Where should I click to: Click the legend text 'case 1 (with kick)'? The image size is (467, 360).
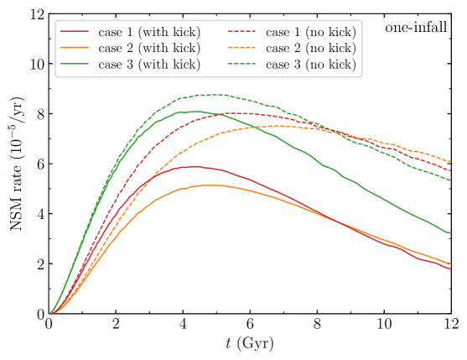tap(149, 32)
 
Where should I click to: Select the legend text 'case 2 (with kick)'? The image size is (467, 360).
tap(149, 48)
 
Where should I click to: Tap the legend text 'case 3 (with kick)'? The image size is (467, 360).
tap(149, 65)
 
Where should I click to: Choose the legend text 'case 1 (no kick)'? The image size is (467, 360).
tap(310, 32)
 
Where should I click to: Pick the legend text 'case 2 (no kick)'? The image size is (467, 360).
tap(310, 48)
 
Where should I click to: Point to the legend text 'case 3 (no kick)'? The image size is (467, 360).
tap(310, 65)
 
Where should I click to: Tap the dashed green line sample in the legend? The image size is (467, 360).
tap(241, 65)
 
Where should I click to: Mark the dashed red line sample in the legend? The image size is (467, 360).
tap(241, 32)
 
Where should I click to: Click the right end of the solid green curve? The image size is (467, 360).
tap(451, 232)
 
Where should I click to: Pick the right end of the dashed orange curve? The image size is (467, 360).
tap(451, 160)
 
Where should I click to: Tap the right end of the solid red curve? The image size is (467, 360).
tap(451, 269)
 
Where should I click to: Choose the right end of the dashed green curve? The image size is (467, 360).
tap(451, 180)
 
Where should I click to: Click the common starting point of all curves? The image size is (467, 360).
tap(50, 314)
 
